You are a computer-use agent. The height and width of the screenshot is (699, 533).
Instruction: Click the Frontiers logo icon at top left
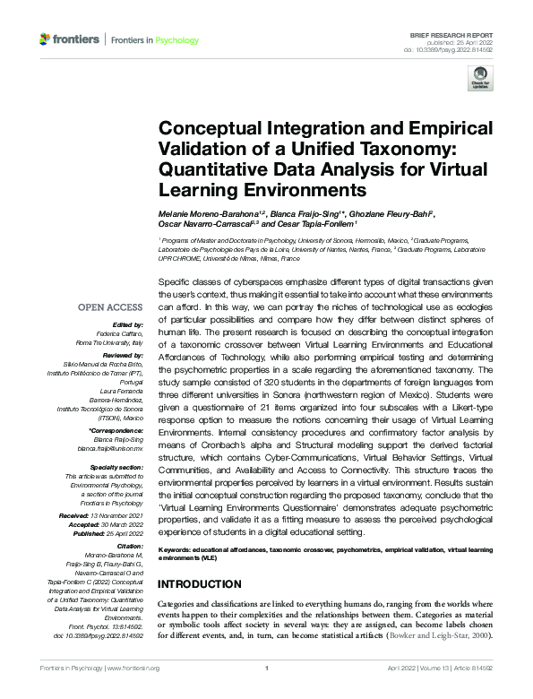point(46,40)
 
